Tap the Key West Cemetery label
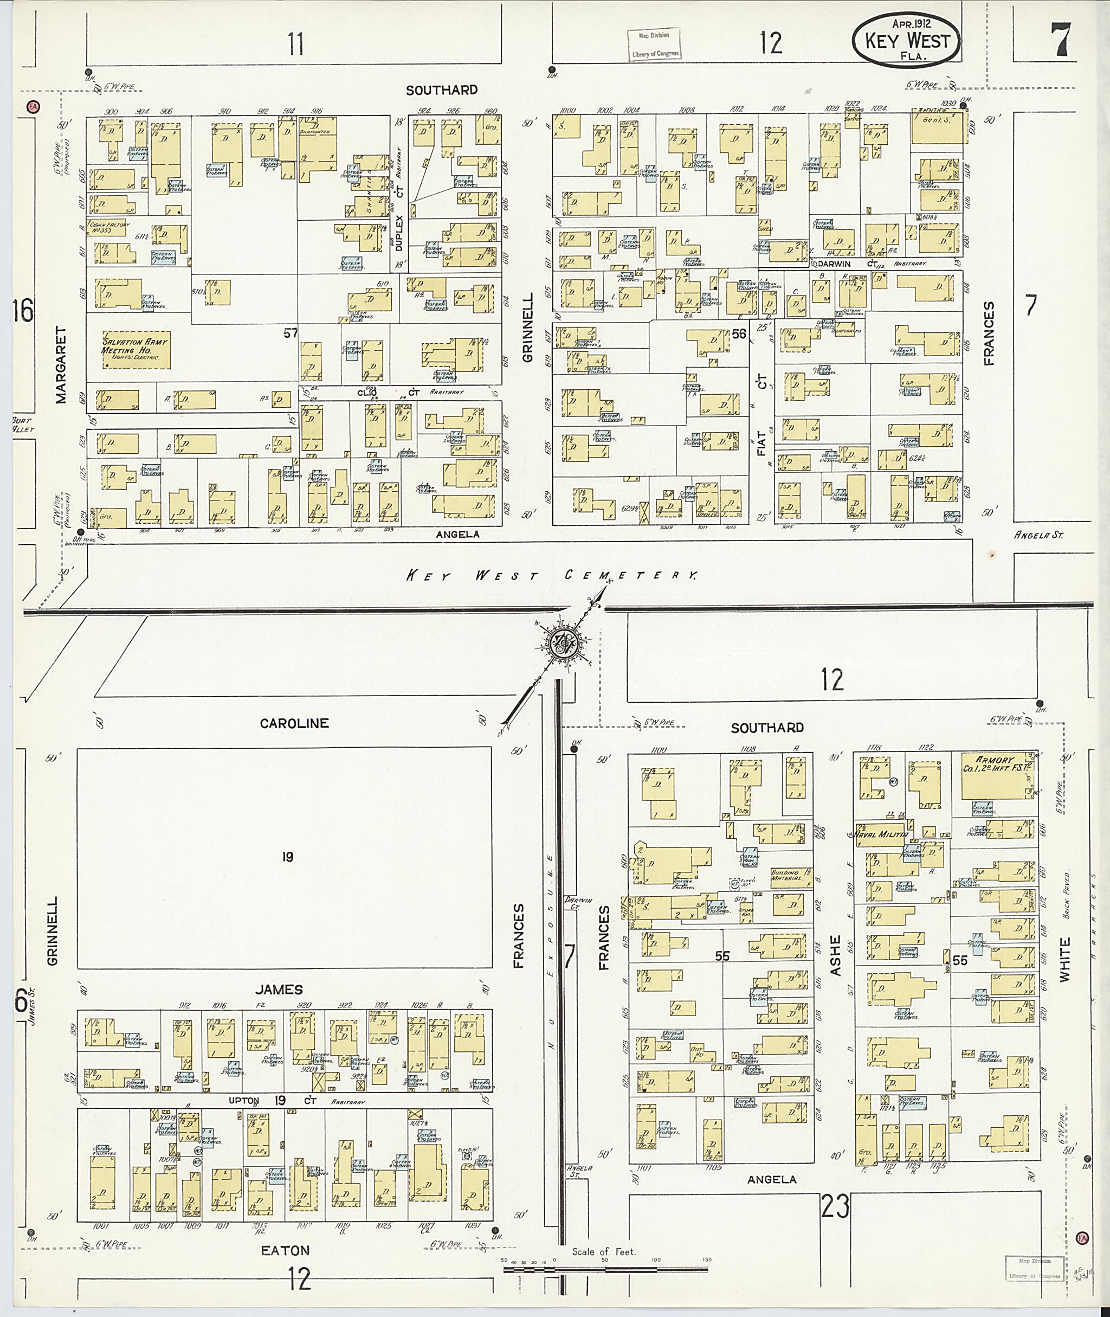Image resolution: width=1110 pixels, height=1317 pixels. click(x=551, y=575)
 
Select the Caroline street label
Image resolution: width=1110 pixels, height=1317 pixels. click(x=294, y=723)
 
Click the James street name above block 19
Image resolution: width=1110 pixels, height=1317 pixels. click(x=279, y=990)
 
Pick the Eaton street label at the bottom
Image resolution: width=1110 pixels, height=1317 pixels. click(x=286, y=1251)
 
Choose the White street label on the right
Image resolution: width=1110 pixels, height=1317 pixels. click(x=1063, y=960)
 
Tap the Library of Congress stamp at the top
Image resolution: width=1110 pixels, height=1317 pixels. click(x=654, y=44)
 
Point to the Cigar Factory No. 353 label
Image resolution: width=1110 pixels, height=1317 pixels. click(x=110, y=227)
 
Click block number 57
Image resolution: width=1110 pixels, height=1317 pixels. click(x=290, y=333)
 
